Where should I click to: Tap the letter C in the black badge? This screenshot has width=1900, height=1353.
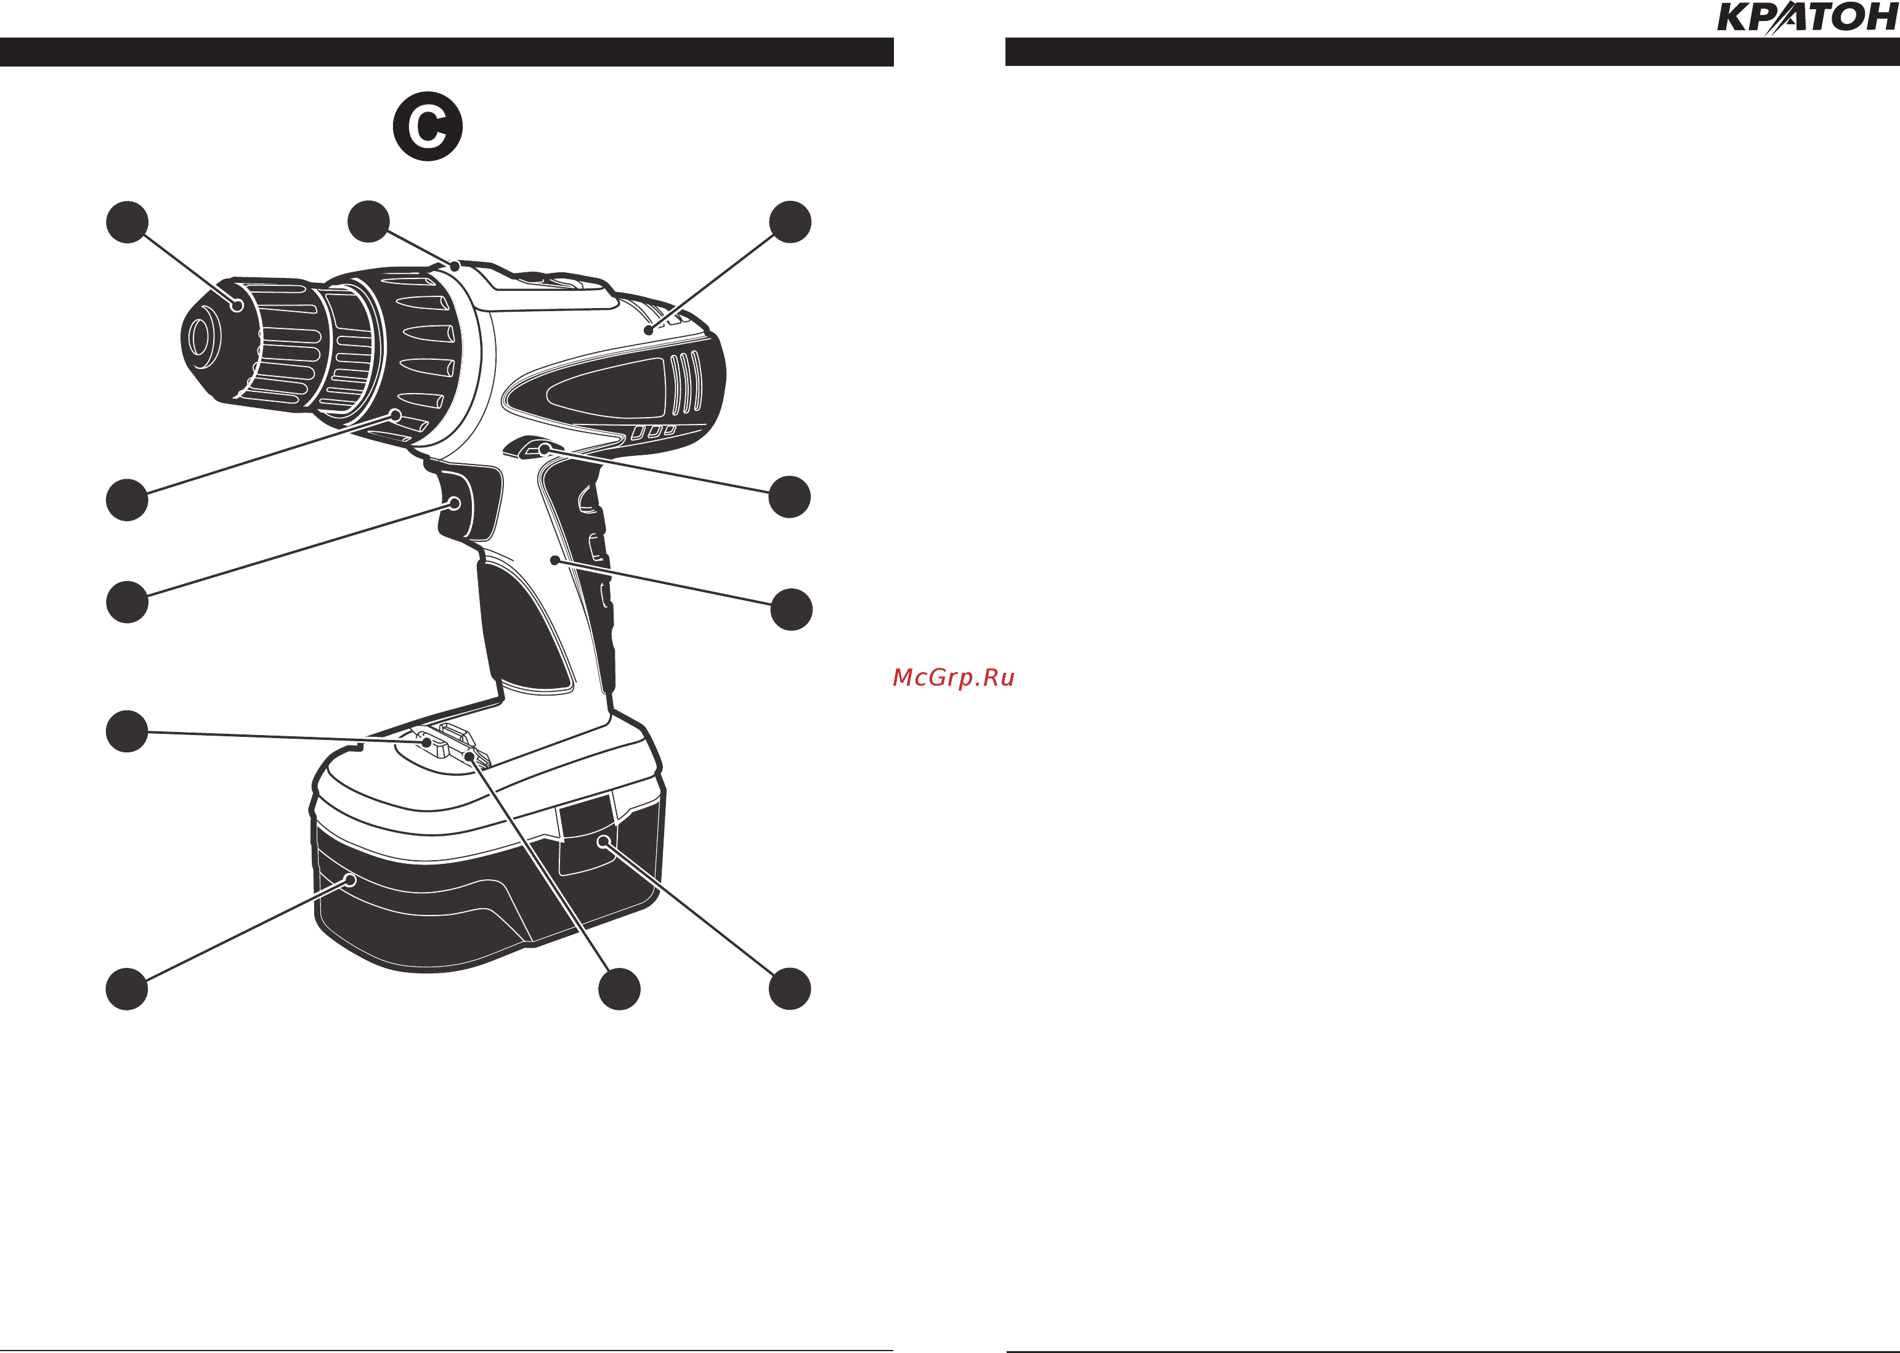point(428,127)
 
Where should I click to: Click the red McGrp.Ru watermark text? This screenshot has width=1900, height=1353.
point(954,677)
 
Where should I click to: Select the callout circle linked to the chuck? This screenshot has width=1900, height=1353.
point(128,222)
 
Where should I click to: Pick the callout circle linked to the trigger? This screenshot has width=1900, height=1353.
point(128,601)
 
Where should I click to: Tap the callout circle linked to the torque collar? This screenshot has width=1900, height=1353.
point(128,500)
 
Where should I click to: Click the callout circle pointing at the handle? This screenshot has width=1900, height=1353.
point(791,609)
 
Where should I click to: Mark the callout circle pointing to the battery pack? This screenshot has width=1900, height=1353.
point(128,989)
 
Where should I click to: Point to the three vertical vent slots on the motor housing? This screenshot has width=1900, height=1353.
point(686,383)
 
